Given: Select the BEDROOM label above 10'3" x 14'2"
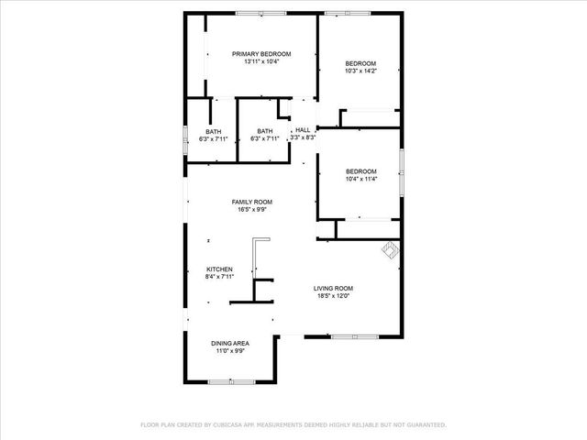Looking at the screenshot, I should click(x=360, y=63).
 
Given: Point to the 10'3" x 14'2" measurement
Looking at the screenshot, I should click(x=360, y=71).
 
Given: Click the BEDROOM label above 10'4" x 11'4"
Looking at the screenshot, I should click(x=360, y=171).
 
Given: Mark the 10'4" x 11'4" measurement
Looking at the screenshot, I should click(x=360, y=179).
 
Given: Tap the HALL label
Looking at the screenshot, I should click(x=303, y=130).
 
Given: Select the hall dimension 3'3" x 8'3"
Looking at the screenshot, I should click(x=303, y=137).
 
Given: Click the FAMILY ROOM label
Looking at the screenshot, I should click(x=250, y=202).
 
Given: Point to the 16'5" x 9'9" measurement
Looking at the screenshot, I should click(x=250, y=209).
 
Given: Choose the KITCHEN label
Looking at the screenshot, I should click(x=219, y=269).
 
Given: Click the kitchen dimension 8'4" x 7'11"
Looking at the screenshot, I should click(x=219, y=276).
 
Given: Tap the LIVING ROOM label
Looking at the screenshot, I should click(x=333, y=288).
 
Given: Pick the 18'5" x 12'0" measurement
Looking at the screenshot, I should click(x=333, y=295).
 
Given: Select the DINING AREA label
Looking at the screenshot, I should click(x=229, y=343).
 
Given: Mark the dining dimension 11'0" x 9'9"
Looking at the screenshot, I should click(x=229, y=350).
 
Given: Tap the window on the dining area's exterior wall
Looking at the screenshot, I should click(x=227, y=381).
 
